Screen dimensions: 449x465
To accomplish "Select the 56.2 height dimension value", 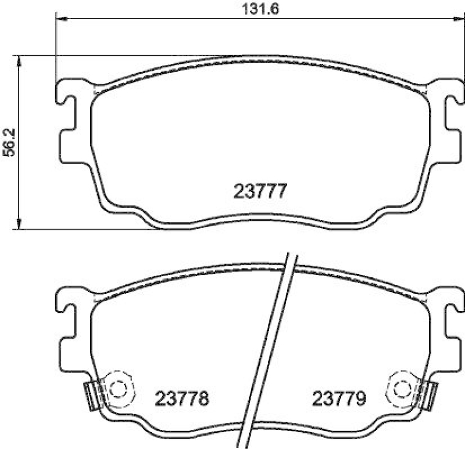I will click(9, 143).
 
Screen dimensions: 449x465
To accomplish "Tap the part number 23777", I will click(260, 191).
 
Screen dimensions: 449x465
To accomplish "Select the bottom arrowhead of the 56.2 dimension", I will click(20, 223).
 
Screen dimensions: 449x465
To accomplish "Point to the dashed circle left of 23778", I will click(117, 388).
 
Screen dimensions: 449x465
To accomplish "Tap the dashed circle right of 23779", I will click(403, 388).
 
